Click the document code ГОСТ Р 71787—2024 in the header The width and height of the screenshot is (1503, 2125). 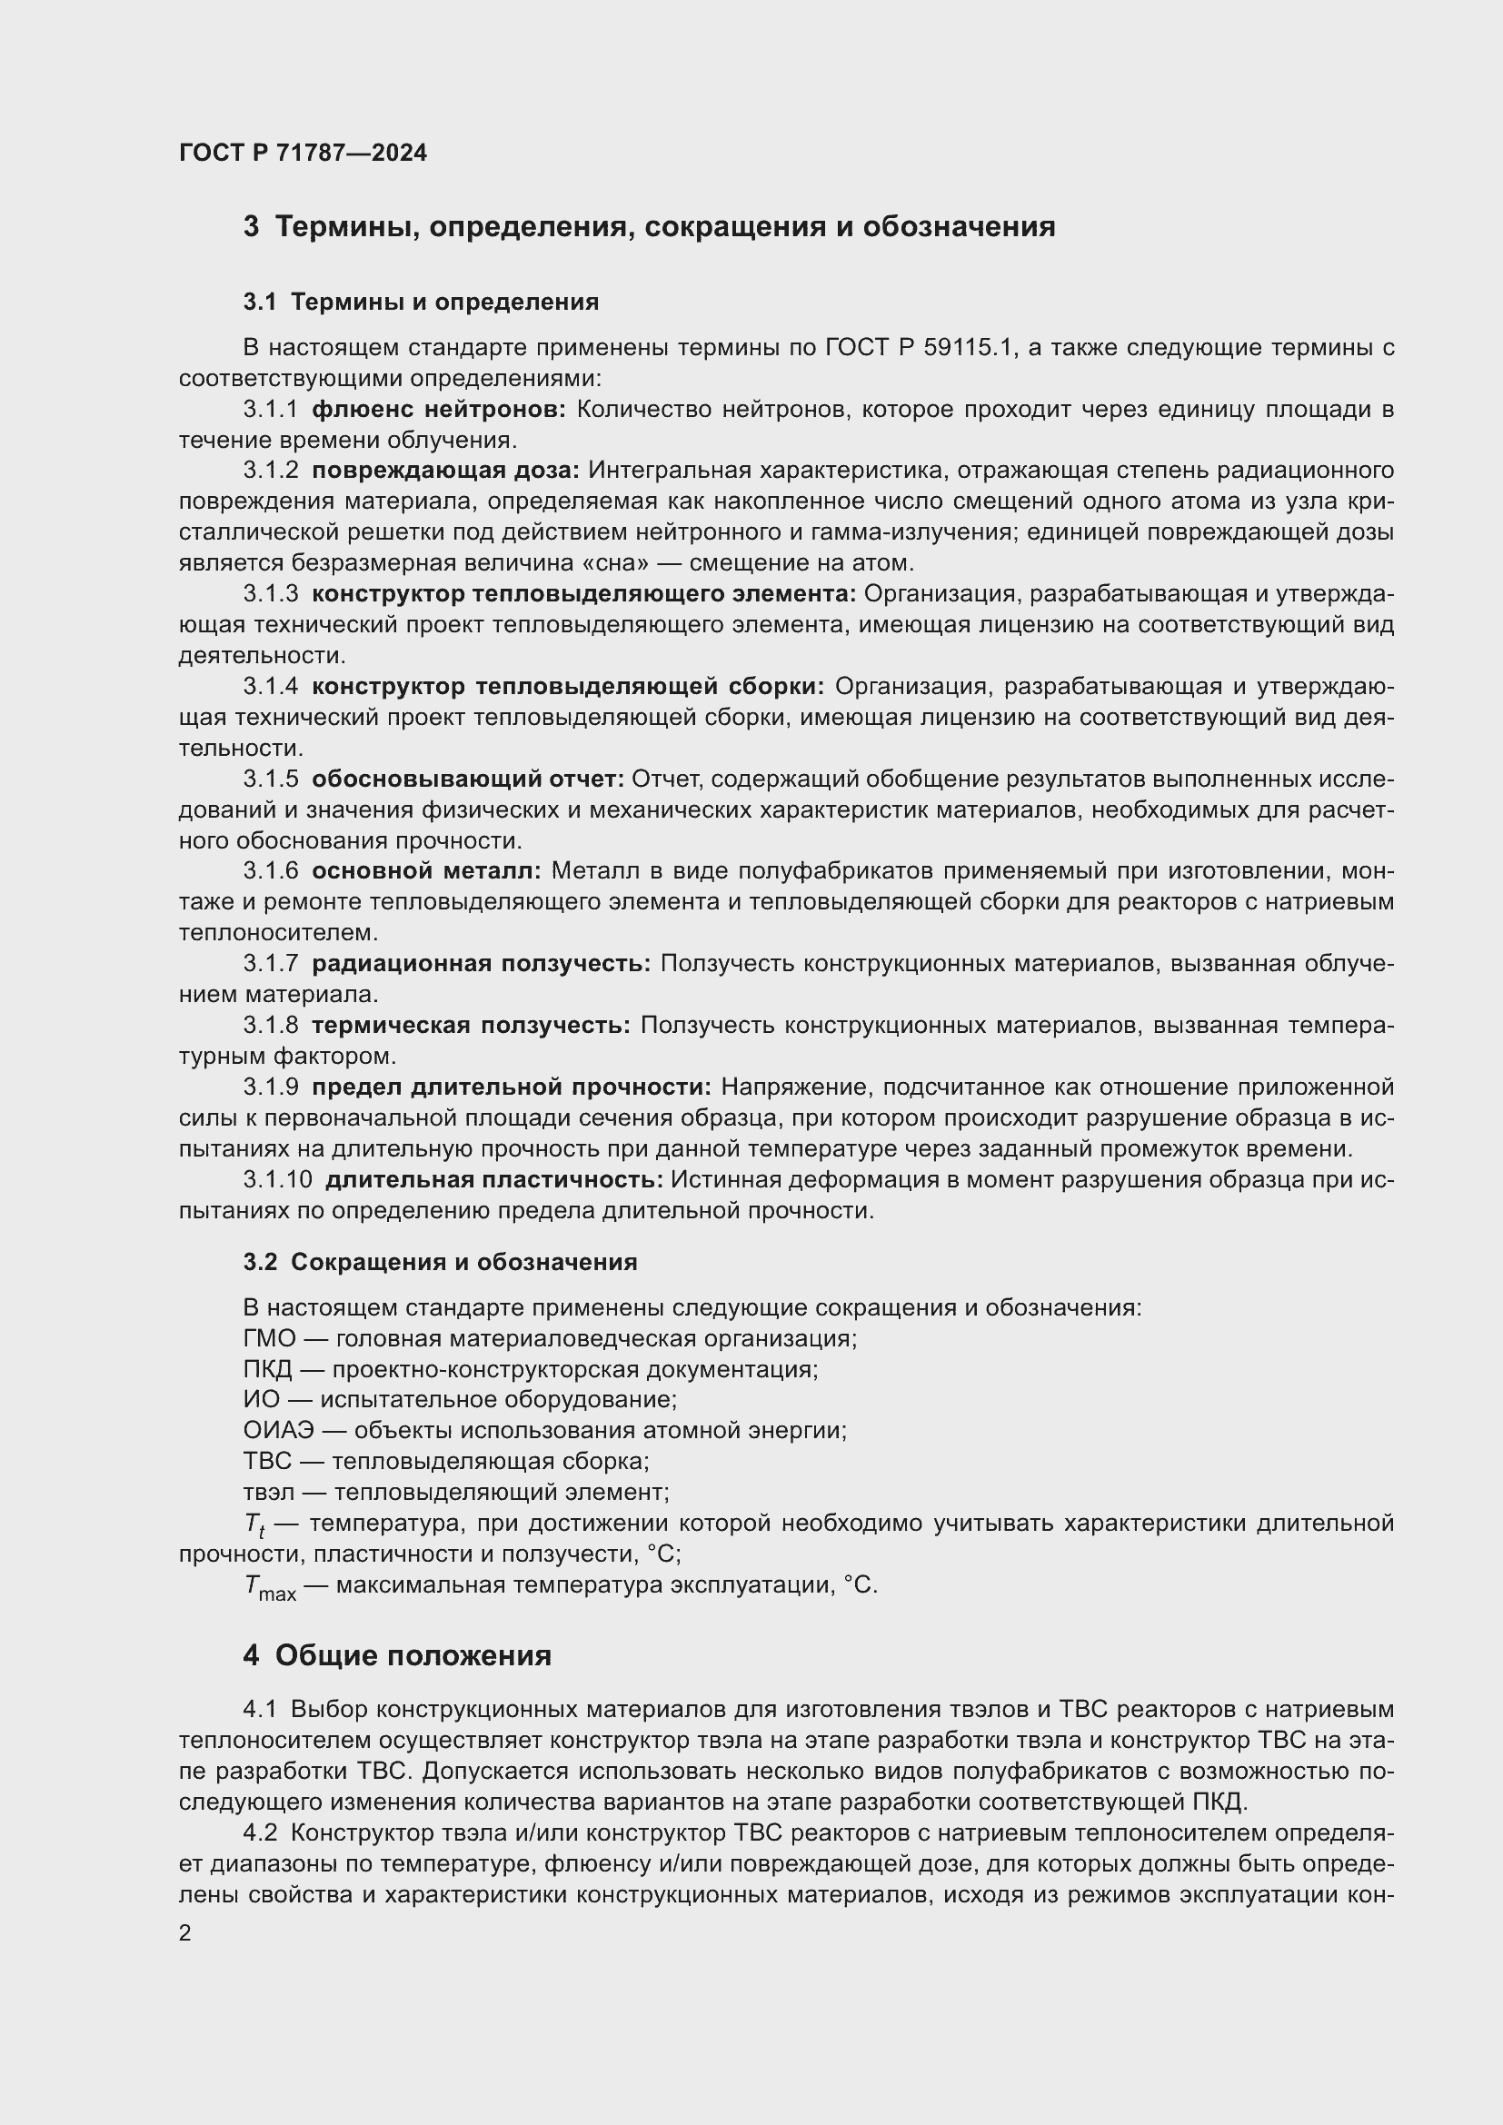pos(303,154)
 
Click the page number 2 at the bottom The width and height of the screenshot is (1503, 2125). pos(185,1933)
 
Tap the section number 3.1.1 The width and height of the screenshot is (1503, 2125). pos(270,409)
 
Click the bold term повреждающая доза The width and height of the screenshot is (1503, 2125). pos(445,471)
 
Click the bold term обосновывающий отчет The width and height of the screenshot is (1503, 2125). pos(468,779)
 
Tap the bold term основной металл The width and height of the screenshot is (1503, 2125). pos(425,871)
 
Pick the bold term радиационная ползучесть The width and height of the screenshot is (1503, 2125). pos(482,963)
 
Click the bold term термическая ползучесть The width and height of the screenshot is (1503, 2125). pos(471,1025)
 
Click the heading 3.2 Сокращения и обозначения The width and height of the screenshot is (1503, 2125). pos(440,1263)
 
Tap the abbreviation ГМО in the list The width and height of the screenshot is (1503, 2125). pos(269,1338)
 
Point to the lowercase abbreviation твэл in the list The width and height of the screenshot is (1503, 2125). pos(269,1492)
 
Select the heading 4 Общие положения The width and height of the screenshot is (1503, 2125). pos(397,1656)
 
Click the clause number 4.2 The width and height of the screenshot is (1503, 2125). pos(260,1832)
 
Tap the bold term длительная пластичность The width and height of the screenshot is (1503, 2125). pos(494,1179)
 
